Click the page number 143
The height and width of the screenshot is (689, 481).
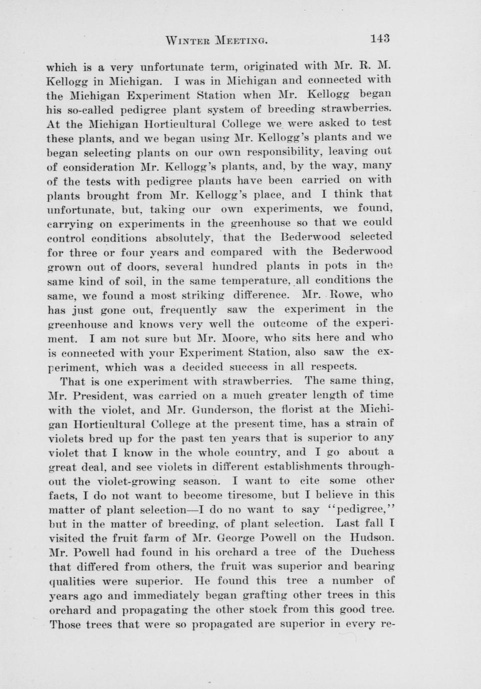380,39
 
